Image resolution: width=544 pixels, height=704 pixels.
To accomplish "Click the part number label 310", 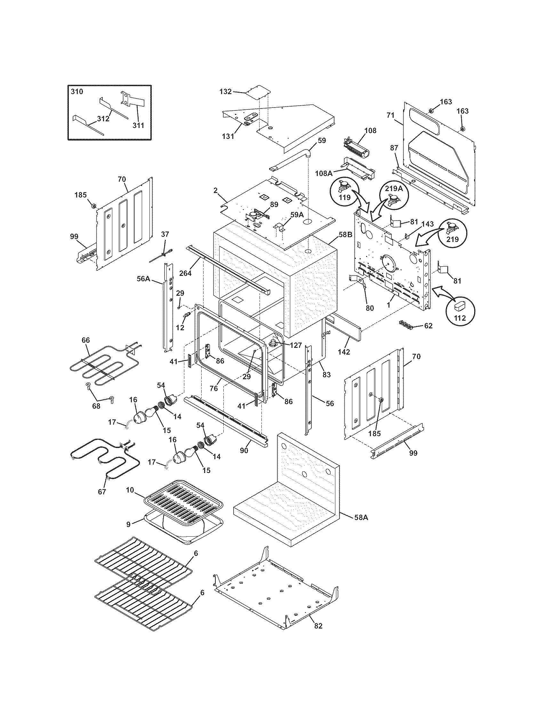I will (x=77, y=92).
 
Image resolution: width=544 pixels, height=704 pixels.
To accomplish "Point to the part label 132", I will (x=225, y=92).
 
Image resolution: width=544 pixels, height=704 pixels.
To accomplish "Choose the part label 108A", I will (x=324, y=173).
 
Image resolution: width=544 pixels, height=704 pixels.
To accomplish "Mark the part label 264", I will (x=185, y=273).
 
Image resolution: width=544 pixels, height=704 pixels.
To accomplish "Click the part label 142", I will (x=344, y=352).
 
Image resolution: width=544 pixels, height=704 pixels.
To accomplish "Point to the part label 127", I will (x=295, y=346).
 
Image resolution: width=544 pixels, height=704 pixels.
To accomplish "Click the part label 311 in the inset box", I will (x=139, y=125).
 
